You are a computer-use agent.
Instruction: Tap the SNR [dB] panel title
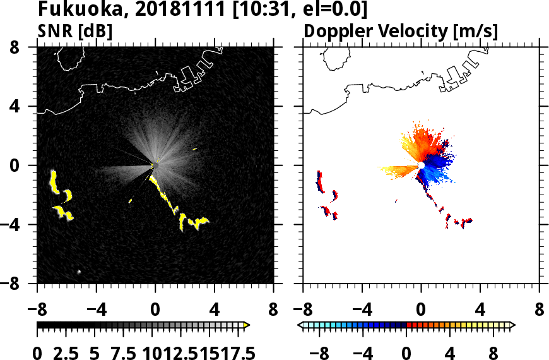pos(74,30)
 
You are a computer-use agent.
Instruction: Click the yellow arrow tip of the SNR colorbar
pos(247,325)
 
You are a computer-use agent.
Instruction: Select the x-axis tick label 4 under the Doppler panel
pos(481,309)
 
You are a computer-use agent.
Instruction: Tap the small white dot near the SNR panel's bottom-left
pos(79,272)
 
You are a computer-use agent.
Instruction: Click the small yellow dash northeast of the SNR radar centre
pos(195,148)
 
